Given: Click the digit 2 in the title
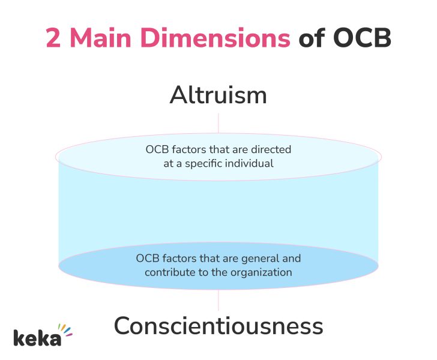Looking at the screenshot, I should pos(55,39).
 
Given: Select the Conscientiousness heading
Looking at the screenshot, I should pos(218,326).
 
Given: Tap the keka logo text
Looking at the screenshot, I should pos(37,337).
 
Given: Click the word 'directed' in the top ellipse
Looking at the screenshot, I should pos(271,149).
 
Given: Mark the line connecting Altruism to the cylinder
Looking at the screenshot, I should pos(218,122).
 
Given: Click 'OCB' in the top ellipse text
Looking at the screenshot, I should pos(157,149).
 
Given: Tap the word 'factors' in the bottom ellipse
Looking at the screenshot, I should pos(182,259).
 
